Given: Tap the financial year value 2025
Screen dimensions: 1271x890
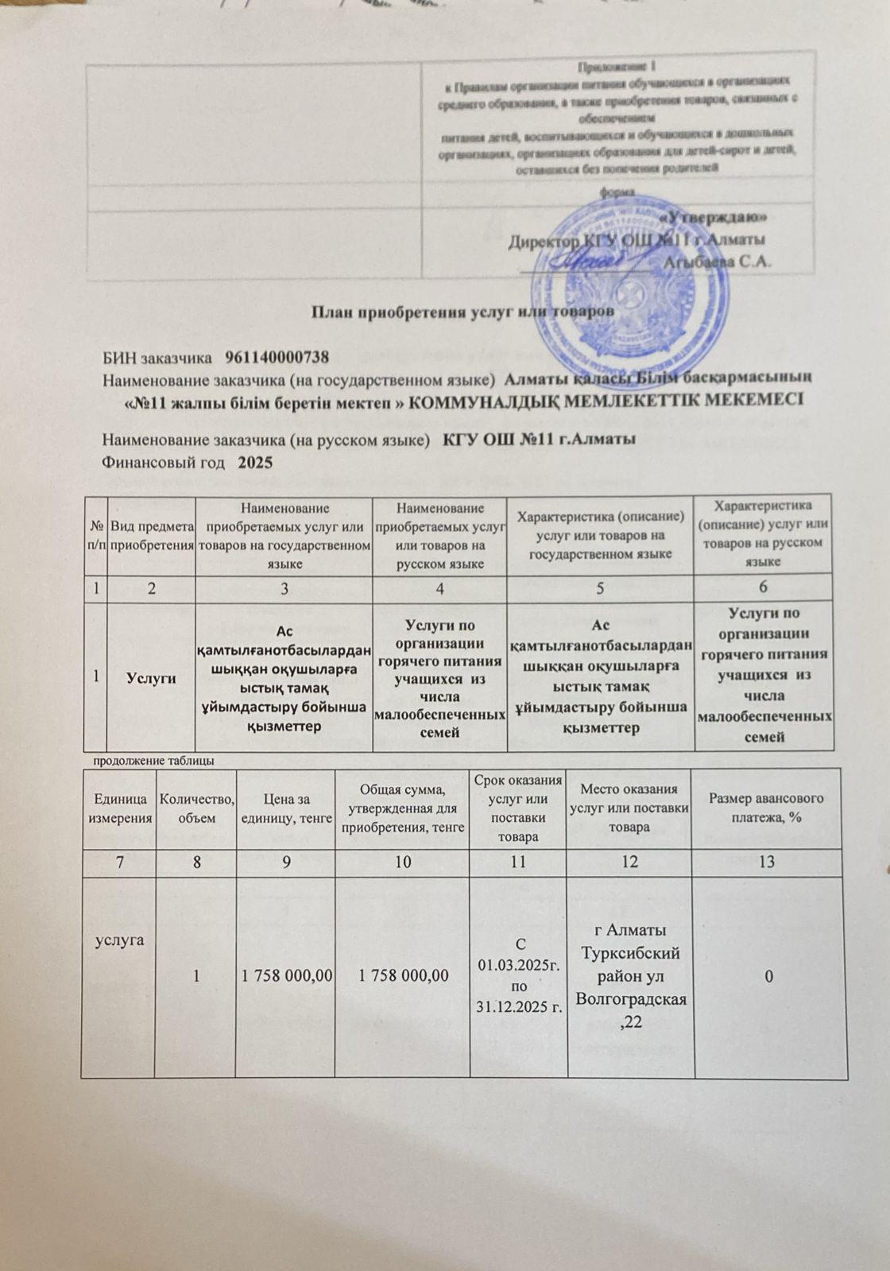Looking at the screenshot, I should [255, 462].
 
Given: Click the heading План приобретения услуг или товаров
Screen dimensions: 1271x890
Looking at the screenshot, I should [461, 311].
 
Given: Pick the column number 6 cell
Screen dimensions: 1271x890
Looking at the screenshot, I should [763, 587].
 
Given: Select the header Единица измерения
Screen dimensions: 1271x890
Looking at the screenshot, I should [120, 808].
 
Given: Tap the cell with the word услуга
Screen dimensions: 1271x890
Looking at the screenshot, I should [120, 940].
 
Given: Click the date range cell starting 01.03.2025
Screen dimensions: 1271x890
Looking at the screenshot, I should [519, 976].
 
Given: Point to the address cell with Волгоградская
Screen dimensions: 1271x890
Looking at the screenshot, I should [630, 976].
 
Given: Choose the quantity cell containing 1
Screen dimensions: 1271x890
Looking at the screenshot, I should [195, 976].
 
